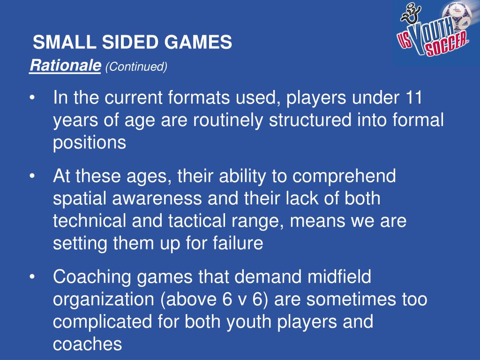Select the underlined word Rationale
coord(65,66)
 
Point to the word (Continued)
coord(136,67)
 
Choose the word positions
coord(90,142)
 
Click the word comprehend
coord(345,177)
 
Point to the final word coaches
coord(87,345)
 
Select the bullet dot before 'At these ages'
coord(32,177)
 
